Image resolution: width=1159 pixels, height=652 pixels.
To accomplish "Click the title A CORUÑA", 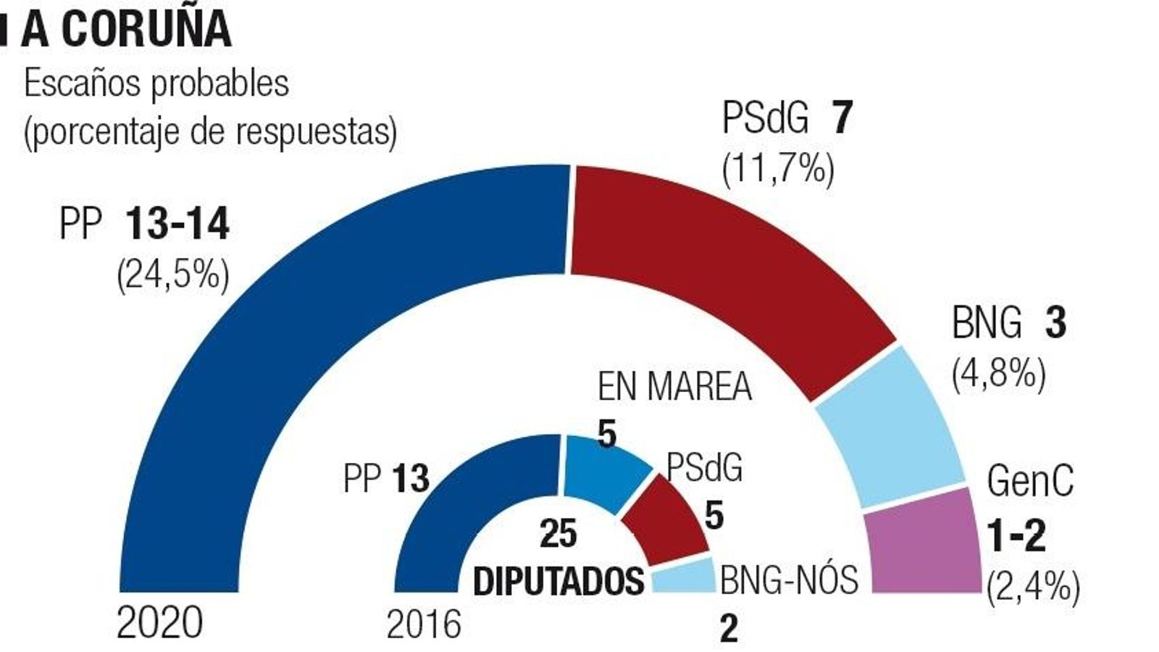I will [x=127, y=30].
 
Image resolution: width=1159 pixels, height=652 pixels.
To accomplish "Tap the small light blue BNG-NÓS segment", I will [x=685, y=577].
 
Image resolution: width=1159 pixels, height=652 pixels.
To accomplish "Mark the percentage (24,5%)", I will [x=173, y=275].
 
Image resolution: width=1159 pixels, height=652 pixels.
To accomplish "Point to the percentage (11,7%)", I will [x=778, y=170].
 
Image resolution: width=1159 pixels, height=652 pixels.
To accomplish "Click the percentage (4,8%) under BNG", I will [x=999, y=375].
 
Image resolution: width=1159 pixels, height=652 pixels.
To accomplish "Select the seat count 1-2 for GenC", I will [x=1017, y=537].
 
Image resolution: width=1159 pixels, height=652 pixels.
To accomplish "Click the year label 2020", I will [x=160, y=623].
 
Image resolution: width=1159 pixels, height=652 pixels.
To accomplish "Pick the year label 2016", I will [x=424, y=624].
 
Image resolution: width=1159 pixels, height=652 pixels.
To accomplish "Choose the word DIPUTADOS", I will [x=558, y=581].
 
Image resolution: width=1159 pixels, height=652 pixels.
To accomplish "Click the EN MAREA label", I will [x=674, y=387].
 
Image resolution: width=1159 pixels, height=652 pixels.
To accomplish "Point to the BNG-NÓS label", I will [x=789, y=580].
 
